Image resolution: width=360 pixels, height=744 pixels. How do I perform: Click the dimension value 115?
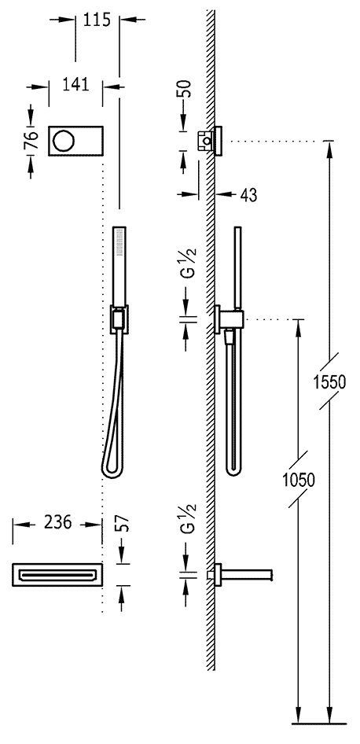pyautogui.click(x=97, y=20)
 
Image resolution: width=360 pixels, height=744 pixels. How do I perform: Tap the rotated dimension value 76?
pyautogui.click(x=31, y=141)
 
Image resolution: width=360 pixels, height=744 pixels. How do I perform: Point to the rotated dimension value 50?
pyautogui.click(x=186, y=89)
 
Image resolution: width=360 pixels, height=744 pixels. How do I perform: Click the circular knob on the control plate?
pyautogui.click(x=62, y=141)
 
